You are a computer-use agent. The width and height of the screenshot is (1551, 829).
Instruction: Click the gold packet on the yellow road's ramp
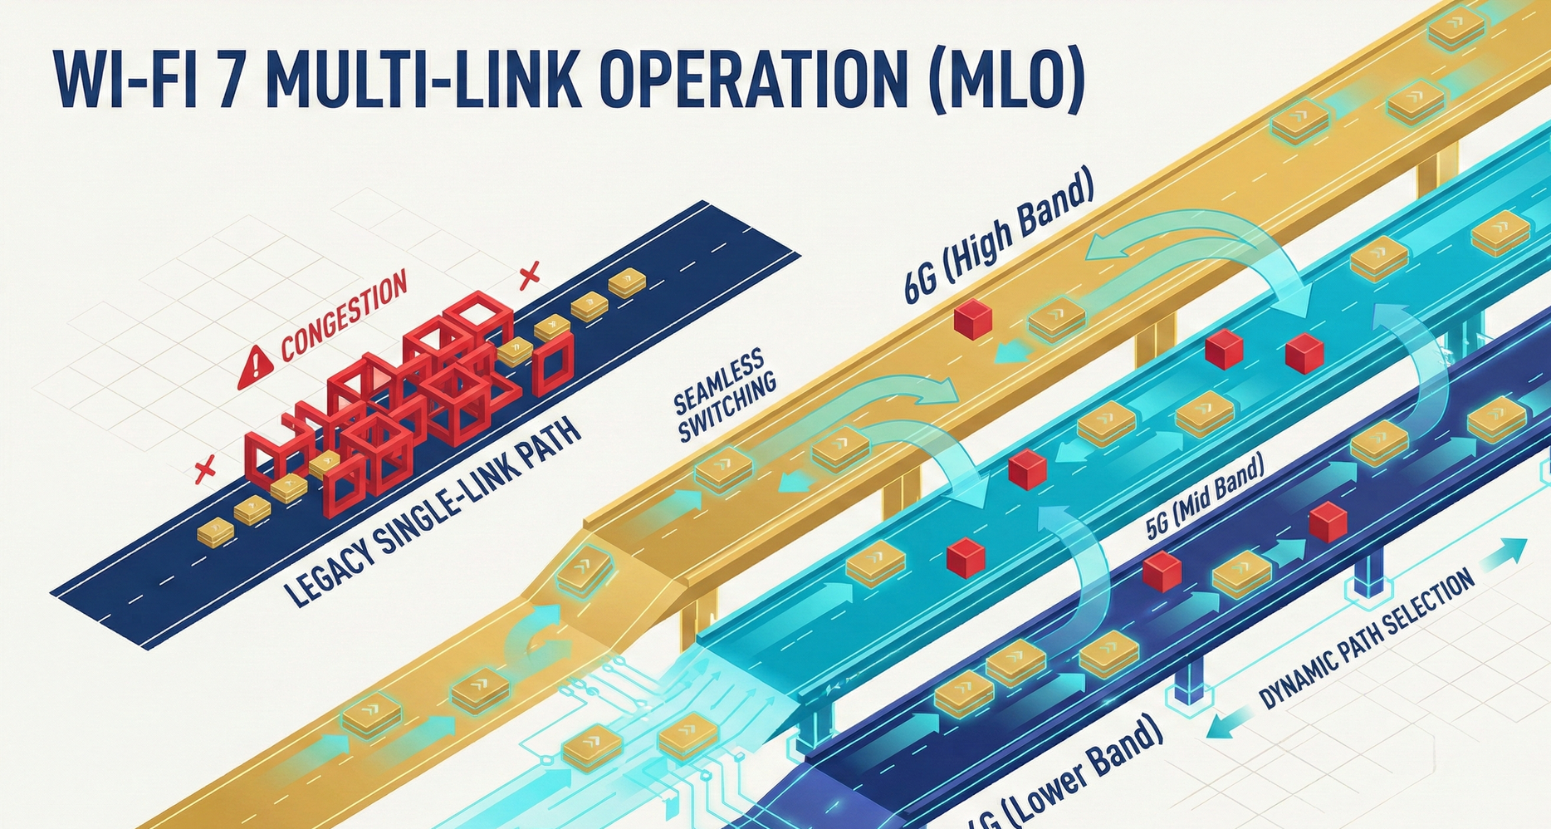[585, 569]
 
